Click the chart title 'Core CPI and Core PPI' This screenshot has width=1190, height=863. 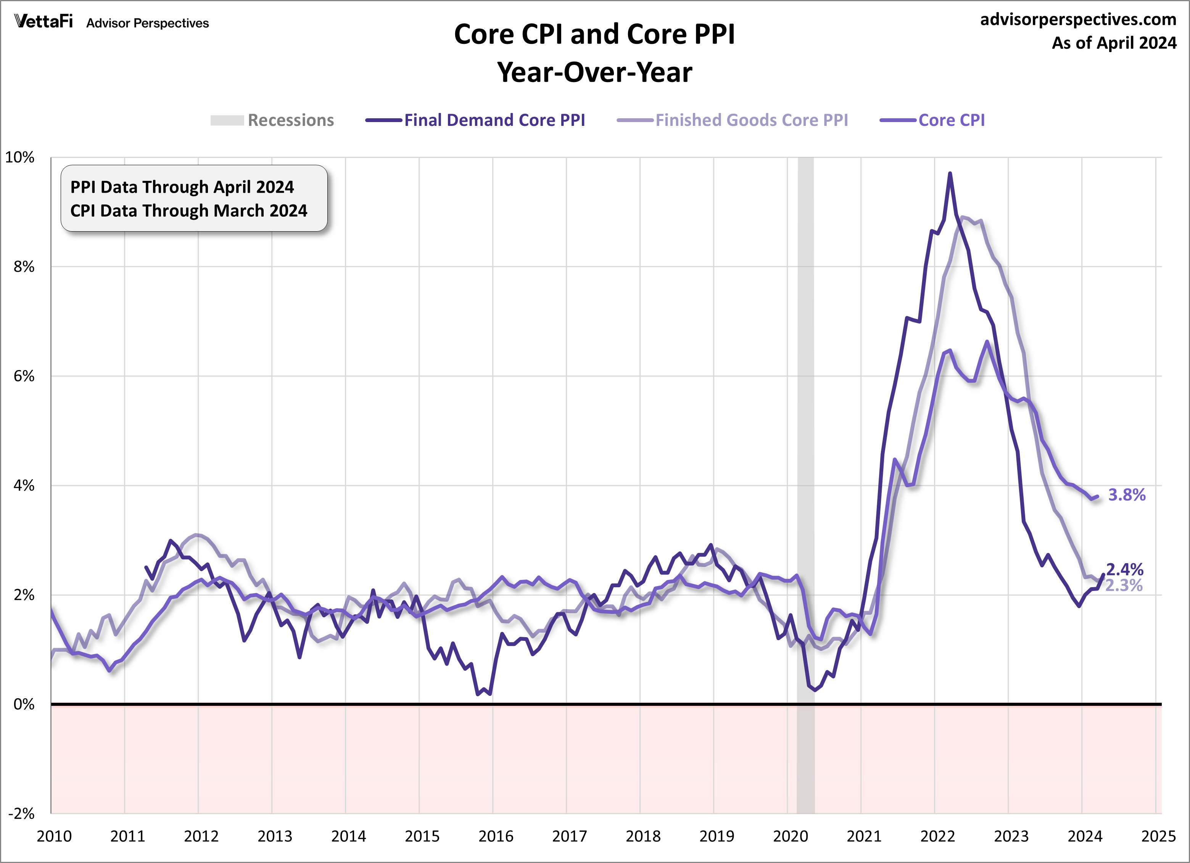click(594, 35)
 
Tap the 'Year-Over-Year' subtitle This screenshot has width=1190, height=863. click(594, 72)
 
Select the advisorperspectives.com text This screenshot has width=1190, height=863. click(1078, 19)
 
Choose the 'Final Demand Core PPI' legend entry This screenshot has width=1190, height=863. click(494, 120)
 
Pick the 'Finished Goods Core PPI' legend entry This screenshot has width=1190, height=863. click(751, 120)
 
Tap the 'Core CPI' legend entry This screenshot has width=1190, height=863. click(951, 120)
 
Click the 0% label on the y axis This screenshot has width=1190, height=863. click(24, 704)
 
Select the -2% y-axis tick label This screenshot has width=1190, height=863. click(21, 814)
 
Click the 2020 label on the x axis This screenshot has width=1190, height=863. click(790, 836)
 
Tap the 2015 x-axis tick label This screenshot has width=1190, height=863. click(422, 836)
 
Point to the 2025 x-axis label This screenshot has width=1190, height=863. click(1158, 836)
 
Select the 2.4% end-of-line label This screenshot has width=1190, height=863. click(1124, 569)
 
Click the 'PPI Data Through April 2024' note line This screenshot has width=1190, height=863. click(182, 187)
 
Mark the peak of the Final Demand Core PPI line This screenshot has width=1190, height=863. click(950, 173)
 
